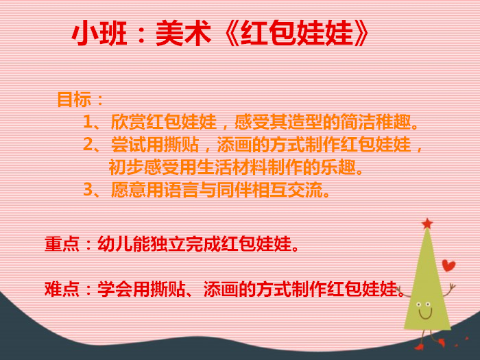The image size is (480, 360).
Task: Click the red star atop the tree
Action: point(427,224)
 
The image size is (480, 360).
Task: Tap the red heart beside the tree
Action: point(448,265)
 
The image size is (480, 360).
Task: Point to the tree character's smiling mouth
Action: point(425,314)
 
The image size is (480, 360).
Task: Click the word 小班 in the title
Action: point(99,33)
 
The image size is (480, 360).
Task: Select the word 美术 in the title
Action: point(183,33)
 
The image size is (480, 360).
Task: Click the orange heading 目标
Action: point(74,99)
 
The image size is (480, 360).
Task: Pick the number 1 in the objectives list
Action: point(88,122)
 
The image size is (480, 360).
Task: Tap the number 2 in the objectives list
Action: point(88,145)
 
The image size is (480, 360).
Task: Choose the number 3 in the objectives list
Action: point(88,190)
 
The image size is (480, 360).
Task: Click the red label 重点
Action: point(62,244)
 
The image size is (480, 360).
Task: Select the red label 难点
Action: point(62,289)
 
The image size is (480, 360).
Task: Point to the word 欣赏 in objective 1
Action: point(128,122)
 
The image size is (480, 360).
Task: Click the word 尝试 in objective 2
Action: point(128,145)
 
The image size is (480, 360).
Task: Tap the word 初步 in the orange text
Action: point(126,167)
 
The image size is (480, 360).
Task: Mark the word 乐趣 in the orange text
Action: point(337,167)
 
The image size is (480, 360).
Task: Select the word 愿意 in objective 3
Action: point(128,190)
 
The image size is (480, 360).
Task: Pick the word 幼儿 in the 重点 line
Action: point(115,244)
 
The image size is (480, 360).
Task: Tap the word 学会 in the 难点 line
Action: point(115,289)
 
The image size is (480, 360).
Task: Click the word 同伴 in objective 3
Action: point(234,190)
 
